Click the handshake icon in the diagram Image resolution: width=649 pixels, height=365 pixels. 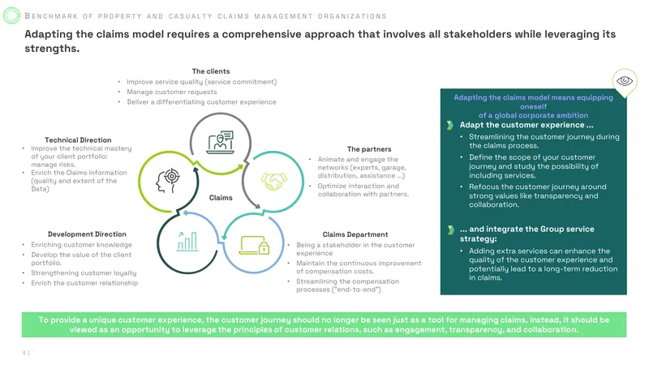(x=273, y=182)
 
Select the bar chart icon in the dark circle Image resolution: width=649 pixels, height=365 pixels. (x=187, y=241)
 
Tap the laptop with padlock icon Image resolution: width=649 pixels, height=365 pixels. (x=254, y=245)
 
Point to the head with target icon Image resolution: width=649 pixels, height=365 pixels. (x=168, y=181)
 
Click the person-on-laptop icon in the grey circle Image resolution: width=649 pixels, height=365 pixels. (x=221, y=143)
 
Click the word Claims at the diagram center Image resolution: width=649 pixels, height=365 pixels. (x=221, y=198)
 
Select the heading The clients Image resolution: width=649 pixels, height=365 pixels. (x=211, y=71)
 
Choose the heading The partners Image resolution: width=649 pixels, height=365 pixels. (x=369, y=149)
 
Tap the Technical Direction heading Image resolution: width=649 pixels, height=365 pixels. (x=78, y=140)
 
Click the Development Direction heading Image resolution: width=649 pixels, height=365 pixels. (x=87, y=234)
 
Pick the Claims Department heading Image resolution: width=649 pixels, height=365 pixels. (x=355, y=234)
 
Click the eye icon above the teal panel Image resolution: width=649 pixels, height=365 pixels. (x=625, y=80)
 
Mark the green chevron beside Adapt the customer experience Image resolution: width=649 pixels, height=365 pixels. (x=450, y=125)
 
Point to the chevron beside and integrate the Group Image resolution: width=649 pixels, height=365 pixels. (x=451, y=230)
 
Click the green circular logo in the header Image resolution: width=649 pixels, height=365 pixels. (x=11, y=15)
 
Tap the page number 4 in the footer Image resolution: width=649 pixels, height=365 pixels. (x=24, y=353)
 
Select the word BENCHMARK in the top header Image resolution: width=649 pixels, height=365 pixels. (x=51, y=16)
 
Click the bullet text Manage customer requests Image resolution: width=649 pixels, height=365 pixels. (x=172, y=92)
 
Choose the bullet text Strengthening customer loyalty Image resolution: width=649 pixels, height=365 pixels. (x=84, y=273)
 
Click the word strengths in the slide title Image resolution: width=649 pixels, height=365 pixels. (x=52, y=49)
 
